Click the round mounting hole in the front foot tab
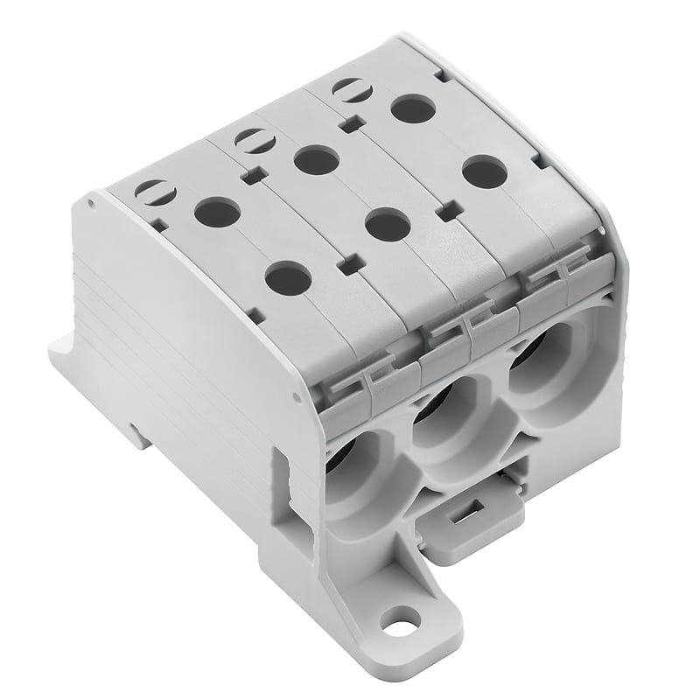[402, 626]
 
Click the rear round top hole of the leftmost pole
[217, 212]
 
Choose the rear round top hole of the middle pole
[316, 160]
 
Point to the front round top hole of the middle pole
[388, 224]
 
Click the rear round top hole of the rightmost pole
[413, 109]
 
